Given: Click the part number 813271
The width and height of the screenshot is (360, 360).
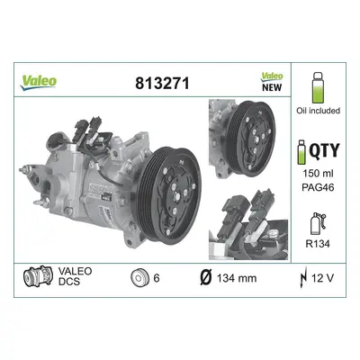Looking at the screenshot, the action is point(162,83).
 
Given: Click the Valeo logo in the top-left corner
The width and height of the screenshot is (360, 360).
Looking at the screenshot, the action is point(38,82).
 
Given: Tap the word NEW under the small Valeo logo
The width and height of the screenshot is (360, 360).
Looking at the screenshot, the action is point(272,87).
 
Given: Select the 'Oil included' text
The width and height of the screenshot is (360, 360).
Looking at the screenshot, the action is point(318,111).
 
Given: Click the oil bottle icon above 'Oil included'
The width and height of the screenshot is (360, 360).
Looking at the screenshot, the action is point(318,87).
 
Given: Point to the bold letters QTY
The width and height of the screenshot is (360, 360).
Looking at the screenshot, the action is point(324,150).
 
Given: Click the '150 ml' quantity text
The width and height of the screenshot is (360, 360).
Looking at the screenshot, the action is point(318,174).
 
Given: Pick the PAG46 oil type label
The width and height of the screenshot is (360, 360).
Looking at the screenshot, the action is point(318,187).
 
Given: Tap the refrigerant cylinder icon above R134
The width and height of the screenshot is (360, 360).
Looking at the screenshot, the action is point(318,224).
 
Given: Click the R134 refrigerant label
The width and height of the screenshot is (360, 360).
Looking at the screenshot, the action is point(318,244).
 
